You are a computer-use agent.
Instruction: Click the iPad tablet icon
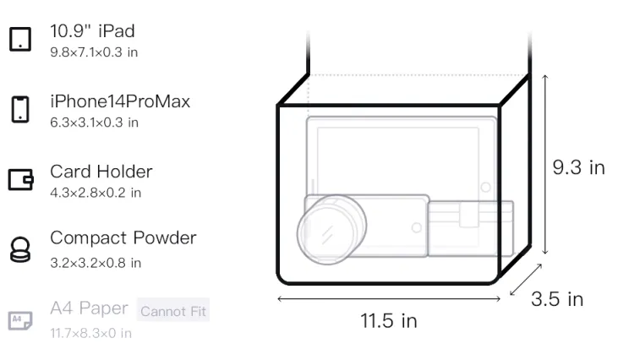tap(20, 39)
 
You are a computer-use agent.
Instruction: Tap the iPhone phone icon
tap(20, 109)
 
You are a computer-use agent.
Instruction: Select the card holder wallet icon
tap(20, 179)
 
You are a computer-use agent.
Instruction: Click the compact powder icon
tap(20, 249)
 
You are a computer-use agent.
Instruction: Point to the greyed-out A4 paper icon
tap(20, 320)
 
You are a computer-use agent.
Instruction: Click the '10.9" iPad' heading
tap(92, 31)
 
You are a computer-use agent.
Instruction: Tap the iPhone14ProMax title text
tap(120, 101)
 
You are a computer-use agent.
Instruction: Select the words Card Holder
tap(101, 172)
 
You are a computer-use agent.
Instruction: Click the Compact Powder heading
tap(123, 238)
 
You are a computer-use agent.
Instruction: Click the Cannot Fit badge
tap(173, 311)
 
